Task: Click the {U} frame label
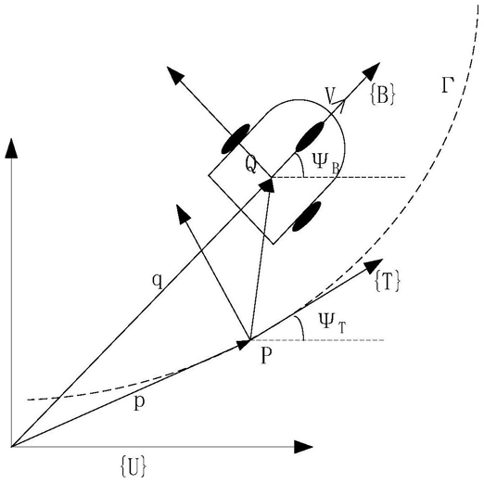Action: tap(133, 465)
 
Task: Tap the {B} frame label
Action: tap(382, 95)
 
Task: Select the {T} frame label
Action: tap(388, 281)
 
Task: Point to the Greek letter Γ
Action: tap(448, 85)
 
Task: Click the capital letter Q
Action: tap(251, 165)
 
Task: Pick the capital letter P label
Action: tap(266, 355)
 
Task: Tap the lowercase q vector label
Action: tap(158, 281)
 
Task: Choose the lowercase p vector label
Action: tap(139, 402)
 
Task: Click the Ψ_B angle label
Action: tap(325, 163)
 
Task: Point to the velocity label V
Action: tap(331, 95)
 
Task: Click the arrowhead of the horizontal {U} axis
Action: tap(303, 447)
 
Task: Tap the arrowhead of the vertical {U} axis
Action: tap(11, 148)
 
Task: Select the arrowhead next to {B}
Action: tap(372, 70)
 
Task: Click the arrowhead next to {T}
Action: tap(375, 265)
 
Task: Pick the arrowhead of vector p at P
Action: tap(244, 344)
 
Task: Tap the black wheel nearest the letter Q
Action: tap(236, 139)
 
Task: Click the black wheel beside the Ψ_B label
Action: tap(310, 136)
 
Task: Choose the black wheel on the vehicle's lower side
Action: tap(307, 217)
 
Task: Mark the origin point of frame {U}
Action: tap(11, 447)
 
